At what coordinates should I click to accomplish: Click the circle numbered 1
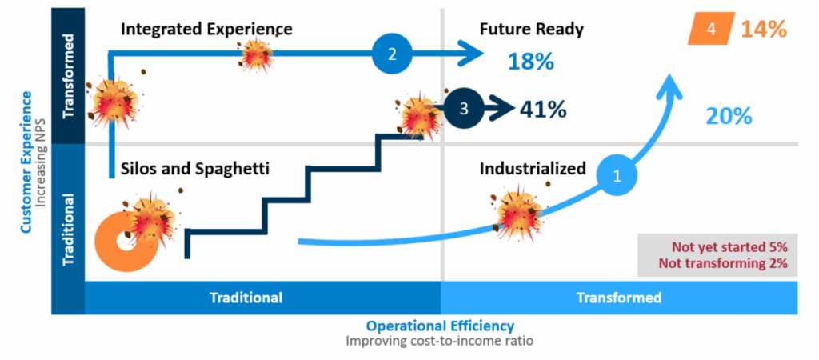[617, 176]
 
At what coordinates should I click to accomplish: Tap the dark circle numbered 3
[465, 108]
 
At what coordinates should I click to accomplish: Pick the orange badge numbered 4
[710, 29]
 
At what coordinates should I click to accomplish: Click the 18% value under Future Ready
[531, 62]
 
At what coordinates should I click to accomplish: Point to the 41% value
[543, 110]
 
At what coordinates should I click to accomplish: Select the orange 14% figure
[764, 30]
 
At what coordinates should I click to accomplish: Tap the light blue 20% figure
[729, 115]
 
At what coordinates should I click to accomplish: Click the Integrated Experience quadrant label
[206, 29]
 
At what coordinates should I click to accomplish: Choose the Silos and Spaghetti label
[195, 170]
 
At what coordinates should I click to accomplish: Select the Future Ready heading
[531, 30]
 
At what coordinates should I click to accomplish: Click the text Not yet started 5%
[729, 246]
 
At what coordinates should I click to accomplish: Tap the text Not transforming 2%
[723, 263]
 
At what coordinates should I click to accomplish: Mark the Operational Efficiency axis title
[440, 326]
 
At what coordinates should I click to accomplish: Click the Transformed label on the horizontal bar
[619, 298]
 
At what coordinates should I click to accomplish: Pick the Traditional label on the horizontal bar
[246, 298]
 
